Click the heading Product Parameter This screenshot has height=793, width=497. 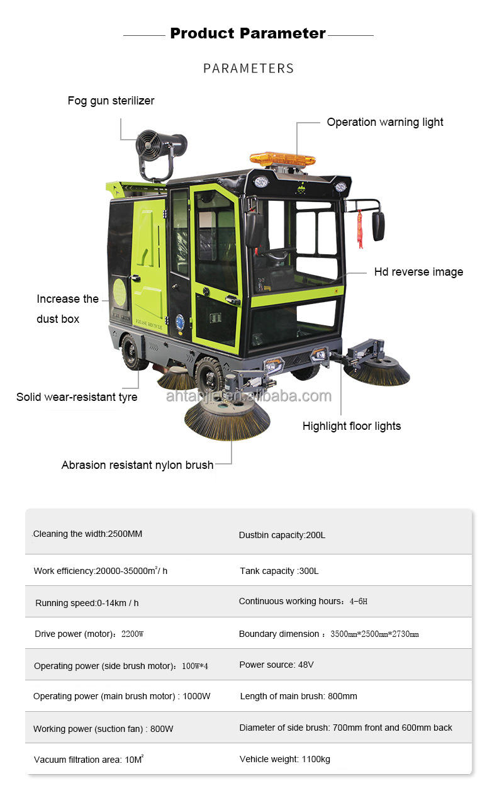pos(248,33)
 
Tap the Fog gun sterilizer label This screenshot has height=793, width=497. pos(111,101)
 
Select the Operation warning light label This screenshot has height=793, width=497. pos(384,122)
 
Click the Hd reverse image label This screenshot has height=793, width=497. pos(418,272)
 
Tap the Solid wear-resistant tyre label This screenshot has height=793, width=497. pos(77,397)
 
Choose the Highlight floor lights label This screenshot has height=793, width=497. pos(351,426)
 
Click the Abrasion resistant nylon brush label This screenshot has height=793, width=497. pos(137,465)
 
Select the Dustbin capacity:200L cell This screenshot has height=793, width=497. pos(282,535)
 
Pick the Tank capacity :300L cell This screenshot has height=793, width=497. pos(279,571)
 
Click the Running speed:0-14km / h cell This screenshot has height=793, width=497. pos(87,603)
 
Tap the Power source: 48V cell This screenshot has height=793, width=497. pos(276,665)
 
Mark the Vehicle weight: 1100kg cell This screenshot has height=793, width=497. pos(284,759)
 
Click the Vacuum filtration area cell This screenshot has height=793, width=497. pos(89,760)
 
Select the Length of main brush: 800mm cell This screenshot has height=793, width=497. pos(298,696)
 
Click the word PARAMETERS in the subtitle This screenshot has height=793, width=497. pos(248,68)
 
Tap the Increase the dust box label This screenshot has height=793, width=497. pos(67,308)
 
